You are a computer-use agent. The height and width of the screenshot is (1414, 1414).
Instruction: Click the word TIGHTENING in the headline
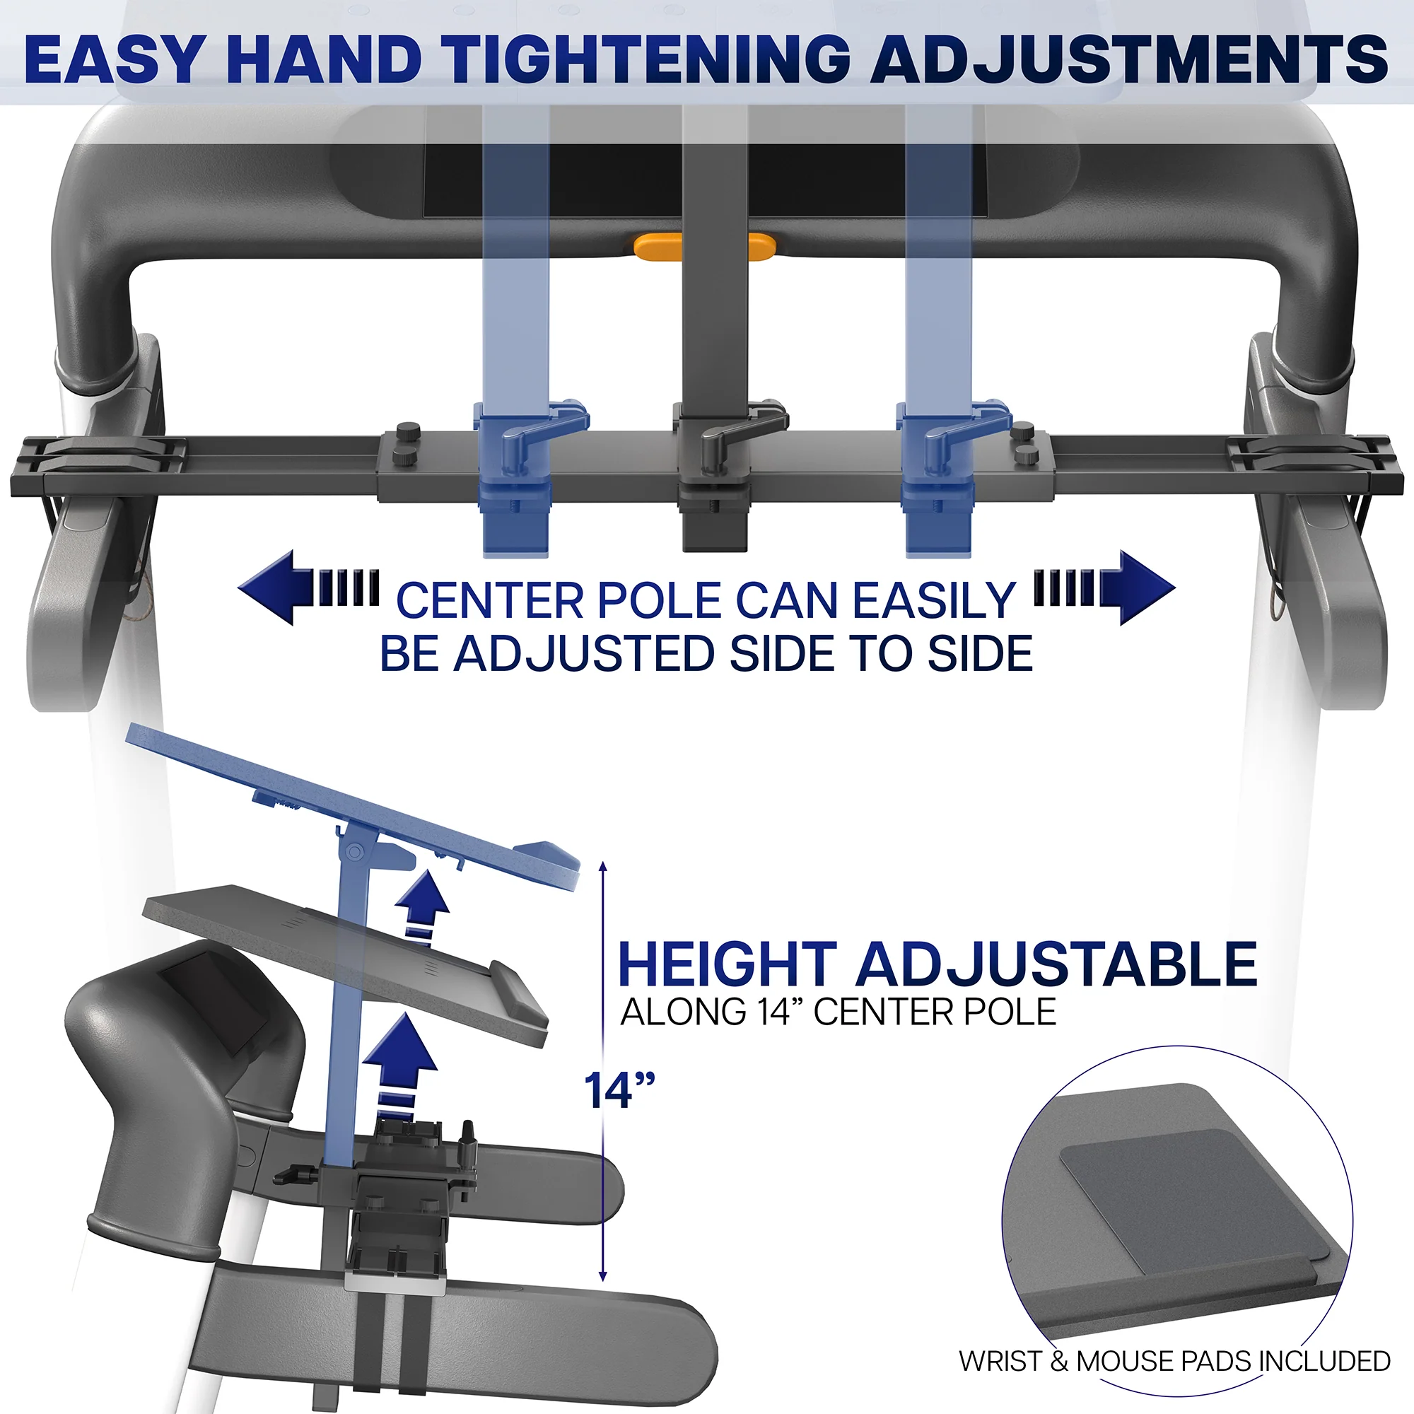click(x=648, y=59)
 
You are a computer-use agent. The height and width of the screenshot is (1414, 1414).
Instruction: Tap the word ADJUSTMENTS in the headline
click(x=1128, y=59)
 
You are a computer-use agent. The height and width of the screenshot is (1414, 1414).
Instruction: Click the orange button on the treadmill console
click(x=703, y=247)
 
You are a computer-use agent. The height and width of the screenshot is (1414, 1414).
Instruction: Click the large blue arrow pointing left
click(x=308, y=588)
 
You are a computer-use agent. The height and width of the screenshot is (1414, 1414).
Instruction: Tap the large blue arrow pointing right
click(x=1105, y=588)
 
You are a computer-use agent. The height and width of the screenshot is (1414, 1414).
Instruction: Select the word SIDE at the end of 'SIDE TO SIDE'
click(x=981, y=653)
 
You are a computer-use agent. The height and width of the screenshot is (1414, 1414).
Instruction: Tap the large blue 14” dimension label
click(x=619, y=1090)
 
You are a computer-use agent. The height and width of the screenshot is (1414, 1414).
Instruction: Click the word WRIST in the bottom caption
click(x=1000, y=1361)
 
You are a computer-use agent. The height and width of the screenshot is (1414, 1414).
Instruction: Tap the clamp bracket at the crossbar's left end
click(x=99, y=464)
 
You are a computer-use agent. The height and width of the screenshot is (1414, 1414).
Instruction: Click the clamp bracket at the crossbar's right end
click(x=1316, y=464)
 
